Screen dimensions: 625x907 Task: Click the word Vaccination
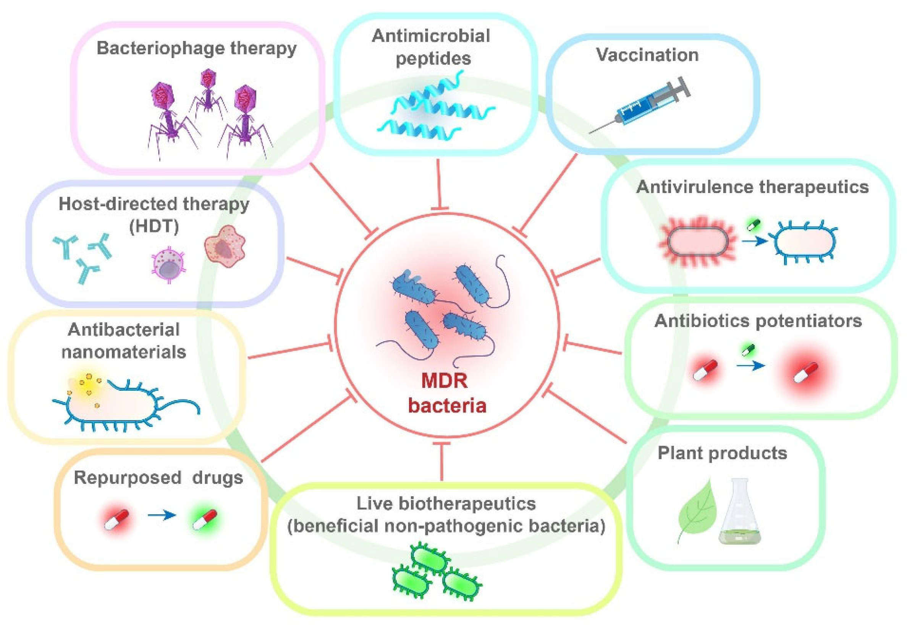tap(647, 55)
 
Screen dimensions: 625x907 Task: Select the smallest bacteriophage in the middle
tap(208, 90)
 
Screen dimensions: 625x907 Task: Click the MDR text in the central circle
tap(444, 380)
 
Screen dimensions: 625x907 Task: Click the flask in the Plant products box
tap(740, 517)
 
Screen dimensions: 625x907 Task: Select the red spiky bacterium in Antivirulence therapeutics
tap(698, 241)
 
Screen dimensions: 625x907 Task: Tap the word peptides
tap(433, 59)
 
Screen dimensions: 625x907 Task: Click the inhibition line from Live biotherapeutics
tap(442, 462)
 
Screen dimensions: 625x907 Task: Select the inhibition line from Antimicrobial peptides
tap(439, 184)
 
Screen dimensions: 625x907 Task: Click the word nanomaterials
tap(124, 352)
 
